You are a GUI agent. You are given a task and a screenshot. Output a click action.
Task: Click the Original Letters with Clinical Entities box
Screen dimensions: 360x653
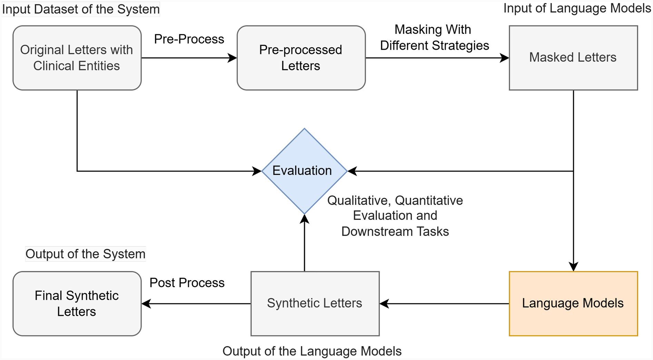tap(77, 58)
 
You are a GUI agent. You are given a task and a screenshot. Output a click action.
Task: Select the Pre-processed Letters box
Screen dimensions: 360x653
tap(301, 58)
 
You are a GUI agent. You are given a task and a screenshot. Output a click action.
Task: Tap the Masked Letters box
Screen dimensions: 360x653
tap(573, 58)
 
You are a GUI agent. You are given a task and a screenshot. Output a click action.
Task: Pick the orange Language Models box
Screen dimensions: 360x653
tap(573, 303)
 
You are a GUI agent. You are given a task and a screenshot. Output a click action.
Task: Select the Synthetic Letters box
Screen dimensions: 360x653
tap(315, 303)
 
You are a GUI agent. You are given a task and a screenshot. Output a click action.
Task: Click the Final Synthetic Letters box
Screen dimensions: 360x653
tap(77, 303)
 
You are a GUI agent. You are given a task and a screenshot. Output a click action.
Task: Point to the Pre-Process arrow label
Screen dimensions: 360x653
tap(189, 39)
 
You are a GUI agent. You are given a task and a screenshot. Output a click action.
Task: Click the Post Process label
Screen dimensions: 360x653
tap(187, 283)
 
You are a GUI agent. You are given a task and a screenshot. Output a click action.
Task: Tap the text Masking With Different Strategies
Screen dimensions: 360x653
tap(434, 38)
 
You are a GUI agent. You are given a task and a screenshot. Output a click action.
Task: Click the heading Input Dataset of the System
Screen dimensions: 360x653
tap(81, 9)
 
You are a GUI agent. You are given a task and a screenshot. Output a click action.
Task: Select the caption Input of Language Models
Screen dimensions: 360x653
tap(577, 8)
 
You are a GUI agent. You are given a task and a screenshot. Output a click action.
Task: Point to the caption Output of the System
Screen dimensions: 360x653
tap(85, 254)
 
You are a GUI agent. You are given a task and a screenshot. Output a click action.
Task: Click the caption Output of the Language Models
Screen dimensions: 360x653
tap(312, 351)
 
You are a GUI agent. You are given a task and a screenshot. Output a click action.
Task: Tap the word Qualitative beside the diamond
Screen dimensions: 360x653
tap(357, 201)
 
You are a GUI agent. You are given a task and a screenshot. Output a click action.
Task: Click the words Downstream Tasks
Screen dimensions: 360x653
tap(395, 231)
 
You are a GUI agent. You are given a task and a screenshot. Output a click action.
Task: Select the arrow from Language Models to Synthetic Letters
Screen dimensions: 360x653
tap(445, 304)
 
